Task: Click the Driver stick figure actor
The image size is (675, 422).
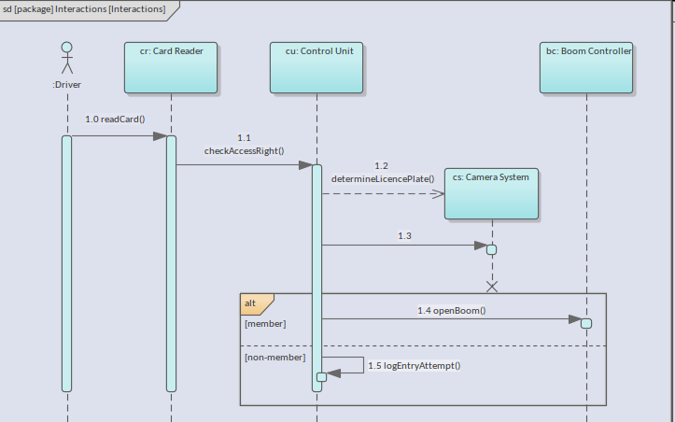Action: coord(66,58)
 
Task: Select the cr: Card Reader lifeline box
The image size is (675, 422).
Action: coord(171,67)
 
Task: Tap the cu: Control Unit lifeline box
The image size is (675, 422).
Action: coord(316,67)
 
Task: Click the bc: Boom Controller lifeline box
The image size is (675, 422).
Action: coord(586,67)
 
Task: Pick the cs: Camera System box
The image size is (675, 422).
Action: coord(491,193)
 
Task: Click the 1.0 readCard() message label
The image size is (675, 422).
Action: coord(115,120)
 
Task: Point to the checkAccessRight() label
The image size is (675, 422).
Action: coord(244,150)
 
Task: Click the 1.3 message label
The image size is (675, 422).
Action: coord(404,236)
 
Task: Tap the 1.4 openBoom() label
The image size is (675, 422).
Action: coord(452,310)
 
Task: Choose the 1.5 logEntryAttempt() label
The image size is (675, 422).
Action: coord(414,366)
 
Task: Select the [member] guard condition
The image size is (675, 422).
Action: coord(265,324)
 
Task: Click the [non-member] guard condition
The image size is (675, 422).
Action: coord(274,358)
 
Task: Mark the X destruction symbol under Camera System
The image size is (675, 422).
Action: coord(492,286)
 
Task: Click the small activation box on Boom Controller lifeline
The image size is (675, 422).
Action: coord(586,323)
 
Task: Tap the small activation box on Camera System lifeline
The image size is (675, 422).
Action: coord(492,249)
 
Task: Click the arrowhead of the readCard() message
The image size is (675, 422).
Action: coord(160,136)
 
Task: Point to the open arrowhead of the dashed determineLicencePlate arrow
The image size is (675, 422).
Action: coord(438,194)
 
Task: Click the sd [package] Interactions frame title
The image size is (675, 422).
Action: coord(84,9)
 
